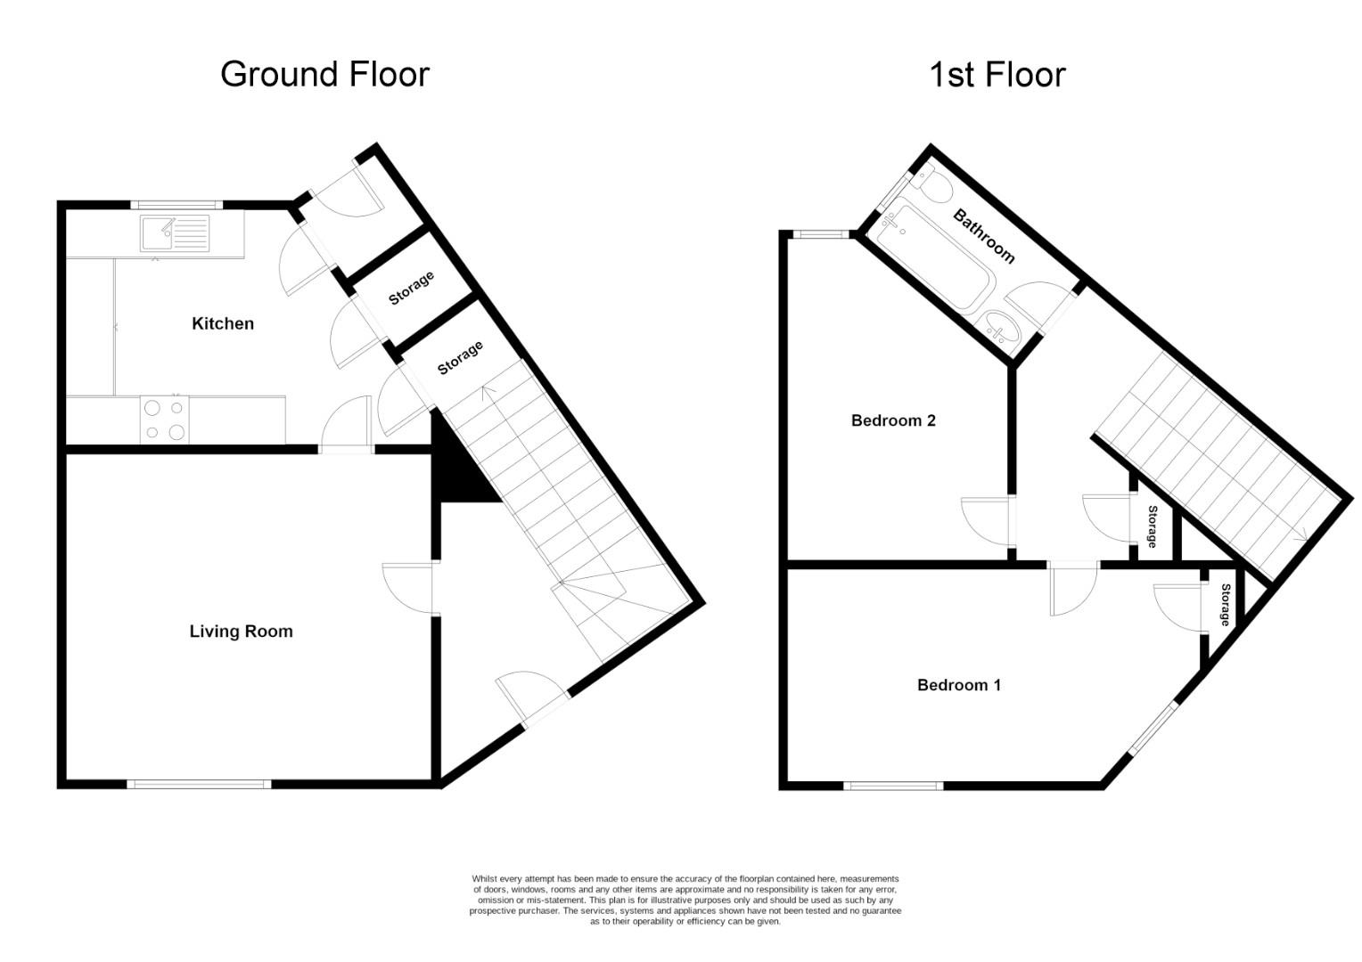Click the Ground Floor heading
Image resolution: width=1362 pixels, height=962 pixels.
[x=324, y=74]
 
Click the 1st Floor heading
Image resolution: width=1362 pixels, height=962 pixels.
[x=997, y=75]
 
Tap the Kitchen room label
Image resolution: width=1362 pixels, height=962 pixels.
[x=223, y=323]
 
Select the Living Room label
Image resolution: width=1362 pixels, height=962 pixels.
[x=241, y=632]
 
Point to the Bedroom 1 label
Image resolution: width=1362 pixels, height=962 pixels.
[x=959, y=685]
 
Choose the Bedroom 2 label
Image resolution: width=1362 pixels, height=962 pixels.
[x=893, y=420]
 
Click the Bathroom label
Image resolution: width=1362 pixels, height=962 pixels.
[x=984, y=235]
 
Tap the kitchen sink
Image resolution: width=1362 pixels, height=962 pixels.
[x=175, y=234]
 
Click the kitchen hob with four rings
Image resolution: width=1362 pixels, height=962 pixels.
[x=165, y=420]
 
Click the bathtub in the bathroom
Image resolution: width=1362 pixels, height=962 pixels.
[x=931, y=258]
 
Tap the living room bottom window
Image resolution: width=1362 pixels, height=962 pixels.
[x=199, y=784]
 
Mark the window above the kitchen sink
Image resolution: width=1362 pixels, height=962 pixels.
[x=176, y=204]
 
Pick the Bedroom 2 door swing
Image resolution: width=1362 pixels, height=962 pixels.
[x=986, y=521]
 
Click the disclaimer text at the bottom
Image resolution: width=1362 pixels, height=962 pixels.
[x=685, y=900]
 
